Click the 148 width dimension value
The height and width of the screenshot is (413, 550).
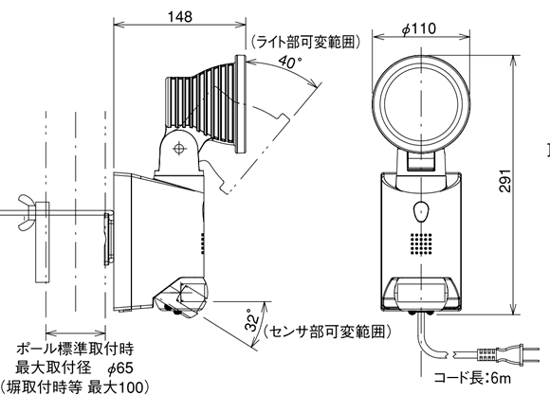pos(179,16)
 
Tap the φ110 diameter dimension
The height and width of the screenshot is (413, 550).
pos(419,28)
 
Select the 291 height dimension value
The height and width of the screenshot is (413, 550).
pos(504,181)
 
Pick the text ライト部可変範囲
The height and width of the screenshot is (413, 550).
pos(305,42)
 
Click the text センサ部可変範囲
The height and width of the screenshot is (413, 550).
pos(327,332)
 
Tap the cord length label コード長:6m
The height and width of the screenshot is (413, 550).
pos(472,378)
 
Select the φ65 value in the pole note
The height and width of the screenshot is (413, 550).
pos(120,368)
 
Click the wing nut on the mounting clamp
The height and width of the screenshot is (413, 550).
pos(28,212)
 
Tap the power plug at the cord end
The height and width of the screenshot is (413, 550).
pos(508,354)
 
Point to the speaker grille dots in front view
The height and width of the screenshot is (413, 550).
pos(421,243)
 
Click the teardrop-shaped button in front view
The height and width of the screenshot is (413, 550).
pos(421,211)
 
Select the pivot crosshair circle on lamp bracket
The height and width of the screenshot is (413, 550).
pos(179,148)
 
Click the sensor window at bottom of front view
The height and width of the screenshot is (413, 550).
pos(421,292)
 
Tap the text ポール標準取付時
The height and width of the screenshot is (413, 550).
pos(75,349)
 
